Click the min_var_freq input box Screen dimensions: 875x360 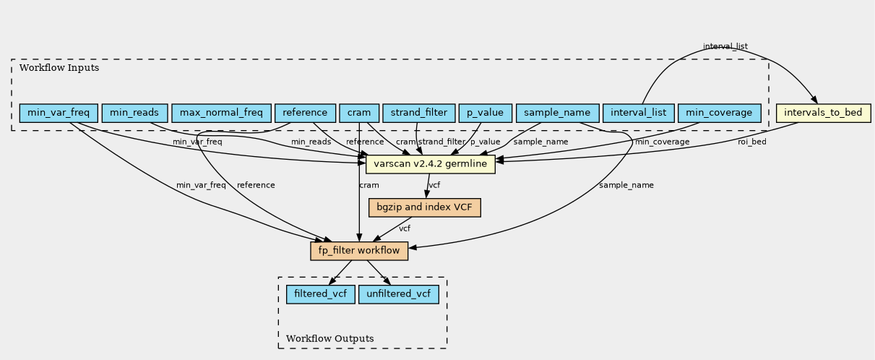click(x=59, y=113)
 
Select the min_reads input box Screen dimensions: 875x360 click(x=135, y=113)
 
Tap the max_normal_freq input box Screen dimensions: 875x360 click(x=221, y=113)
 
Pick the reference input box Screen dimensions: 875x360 click(x=305, y=113)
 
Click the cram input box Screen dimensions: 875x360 click(x=359, y=113)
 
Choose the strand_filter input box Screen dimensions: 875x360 click(x=419, y=113)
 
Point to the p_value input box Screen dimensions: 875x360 click(x=485, y=113)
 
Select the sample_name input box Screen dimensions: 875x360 click(x=557, y=113)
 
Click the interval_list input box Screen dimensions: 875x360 click(x=638, y=113)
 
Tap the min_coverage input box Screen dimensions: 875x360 click(x=719, y=113)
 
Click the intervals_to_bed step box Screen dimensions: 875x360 click(x=824, y=113)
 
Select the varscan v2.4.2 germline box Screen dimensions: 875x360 click(x=431, y=164)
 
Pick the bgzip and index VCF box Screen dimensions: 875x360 click(x=425, y=207)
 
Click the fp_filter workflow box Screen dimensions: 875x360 click(x=359, y=251)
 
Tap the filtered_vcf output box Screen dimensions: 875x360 click(x=320, y=294)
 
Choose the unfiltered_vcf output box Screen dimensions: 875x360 click(x=398, y=294)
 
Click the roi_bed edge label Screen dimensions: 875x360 click(x=752, y=142)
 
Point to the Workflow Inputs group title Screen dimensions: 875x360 click(x=59, y=68)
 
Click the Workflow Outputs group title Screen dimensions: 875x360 click(x=330, y=338)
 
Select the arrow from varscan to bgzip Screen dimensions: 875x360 click(x=428, y=186)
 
